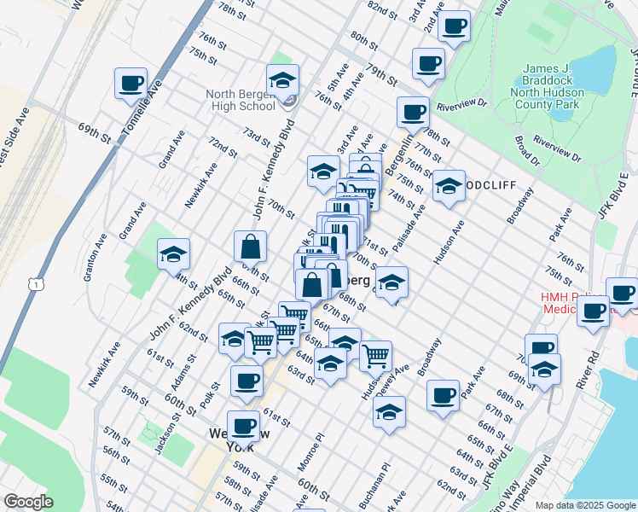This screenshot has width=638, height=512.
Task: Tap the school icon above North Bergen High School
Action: click(x=282, y=82)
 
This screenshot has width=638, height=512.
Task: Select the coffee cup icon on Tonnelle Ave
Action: click(x=132, y=84)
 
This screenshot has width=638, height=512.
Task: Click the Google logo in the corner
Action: click(x=28, y=502)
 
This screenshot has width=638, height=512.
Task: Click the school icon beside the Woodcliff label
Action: click(x=448, y=187)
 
